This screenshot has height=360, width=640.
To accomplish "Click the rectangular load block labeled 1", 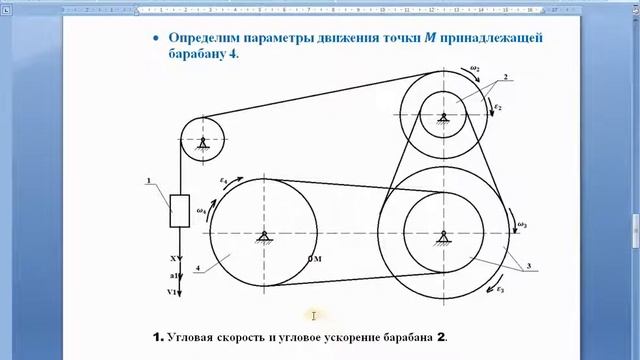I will pyautogui.click(x=180, y=210).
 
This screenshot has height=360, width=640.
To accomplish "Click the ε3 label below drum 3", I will pyautogui.click(x=501, y=289).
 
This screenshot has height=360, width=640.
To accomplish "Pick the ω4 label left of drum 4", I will pyautogui.click(x=202, y=211).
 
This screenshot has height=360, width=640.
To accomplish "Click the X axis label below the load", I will pyautogui.click(x=172, y=257).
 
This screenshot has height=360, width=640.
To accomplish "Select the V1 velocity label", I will pyautogui.click(x=173, y=292).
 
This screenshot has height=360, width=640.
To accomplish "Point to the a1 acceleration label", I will pyautogui.click(x=173, y=274).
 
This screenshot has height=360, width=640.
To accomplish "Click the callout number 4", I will pyautogui.click(x=199, y=267).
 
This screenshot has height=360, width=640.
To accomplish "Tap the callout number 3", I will pyautogui.click(x=526, y=267).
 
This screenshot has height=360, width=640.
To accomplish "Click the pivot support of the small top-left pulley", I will pyautogui.click(x=202, y=145).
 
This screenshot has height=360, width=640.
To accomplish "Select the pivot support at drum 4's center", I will pyautogui.click(x=265, y=236).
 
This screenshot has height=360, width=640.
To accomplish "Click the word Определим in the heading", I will pyautogui.click(x=208, y=37).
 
